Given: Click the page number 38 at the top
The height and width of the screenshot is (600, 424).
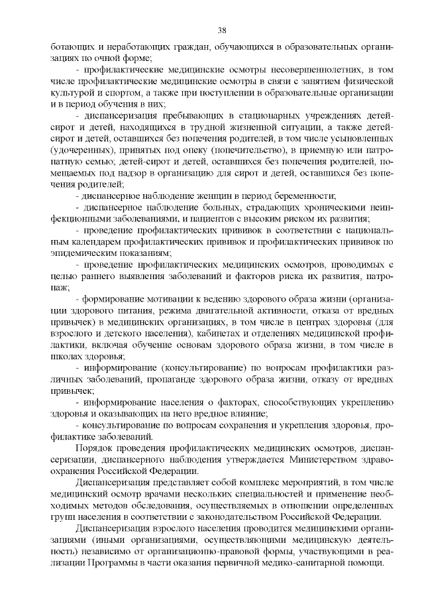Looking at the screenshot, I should pos(222,30).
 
